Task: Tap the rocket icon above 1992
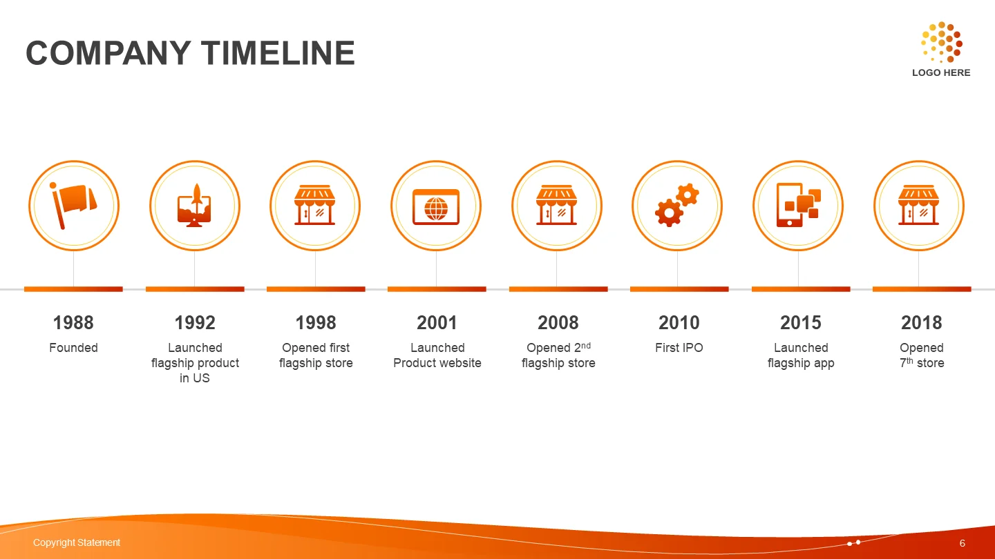[195, 206]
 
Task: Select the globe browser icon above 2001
[436, 207]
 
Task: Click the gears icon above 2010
[677, 205]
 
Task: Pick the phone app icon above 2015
[798, 205]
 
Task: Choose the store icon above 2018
[918, 205]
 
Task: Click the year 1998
[316, 322]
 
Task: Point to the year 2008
[558, 322]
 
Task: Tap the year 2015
[800, 322]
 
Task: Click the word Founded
[73, 347]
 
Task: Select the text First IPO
[679, 347]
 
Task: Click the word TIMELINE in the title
[278, 53]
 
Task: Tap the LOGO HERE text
[941, 72]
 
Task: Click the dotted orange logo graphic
[942, 42]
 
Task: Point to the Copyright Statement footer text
[77, 542]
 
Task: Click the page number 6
[962, 543]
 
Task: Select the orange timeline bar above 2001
[437, 289]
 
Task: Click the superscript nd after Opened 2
[586, 345]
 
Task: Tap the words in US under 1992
[195, 378]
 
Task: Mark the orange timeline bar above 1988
[73, 289]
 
